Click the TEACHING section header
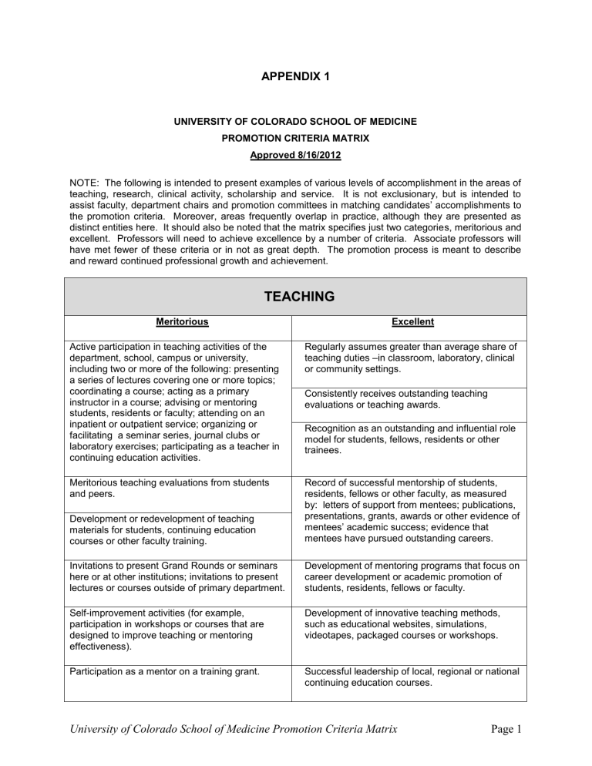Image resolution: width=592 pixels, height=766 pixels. pyautogui.click(x=295, y=296)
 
